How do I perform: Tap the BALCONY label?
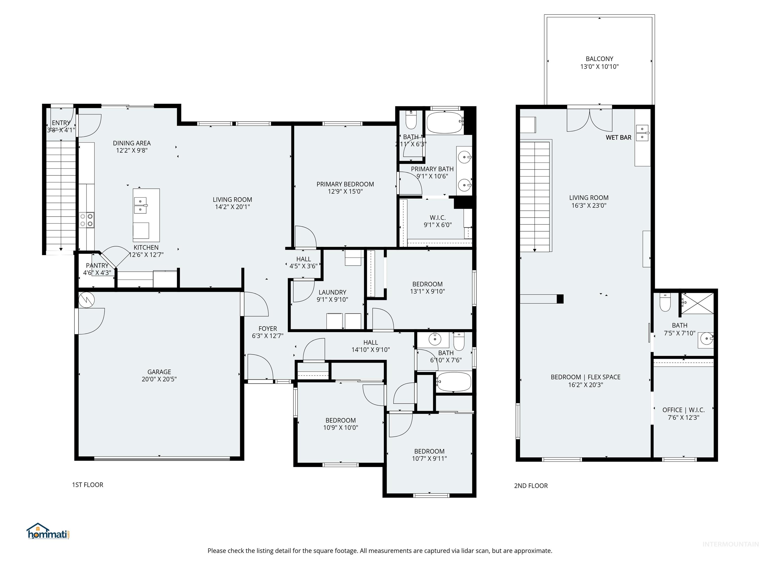tap(599, 59)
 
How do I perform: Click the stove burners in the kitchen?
tap(86, 220)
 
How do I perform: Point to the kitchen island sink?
tap(140, 205)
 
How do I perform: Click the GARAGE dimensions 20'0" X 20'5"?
tap(159, 379)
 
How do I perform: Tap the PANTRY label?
tap(97, 265)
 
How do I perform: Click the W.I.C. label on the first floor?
tap(437, 217)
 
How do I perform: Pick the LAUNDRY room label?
tap(332, 292)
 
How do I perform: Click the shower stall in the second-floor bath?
tap(697, 303)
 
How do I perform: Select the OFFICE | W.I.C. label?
tap(683, 410)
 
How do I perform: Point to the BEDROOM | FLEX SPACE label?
tap(585, 377)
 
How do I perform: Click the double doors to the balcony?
tap(589, 120)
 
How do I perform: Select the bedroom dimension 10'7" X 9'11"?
tap(429, 458)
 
